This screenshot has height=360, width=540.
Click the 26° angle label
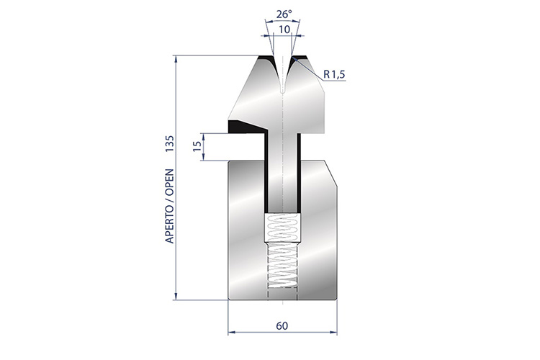click(x=284, y=14)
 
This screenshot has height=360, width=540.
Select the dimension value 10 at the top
click(x=284, y=30)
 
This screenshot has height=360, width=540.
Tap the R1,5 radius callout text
click(x=334, y=74)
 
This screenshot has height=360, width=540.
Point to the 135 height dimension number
click(x=170, y=144)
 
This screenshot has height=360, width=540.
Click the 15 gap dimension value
click(x=197, y=146)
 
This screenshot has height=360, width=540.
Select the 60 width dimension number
click(x=282, y=326)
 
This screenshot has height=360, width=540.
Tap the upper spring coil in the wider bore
click(x=282, y=228)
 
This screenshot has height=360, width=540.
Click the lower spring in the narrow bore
click(x=282, y=264)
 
